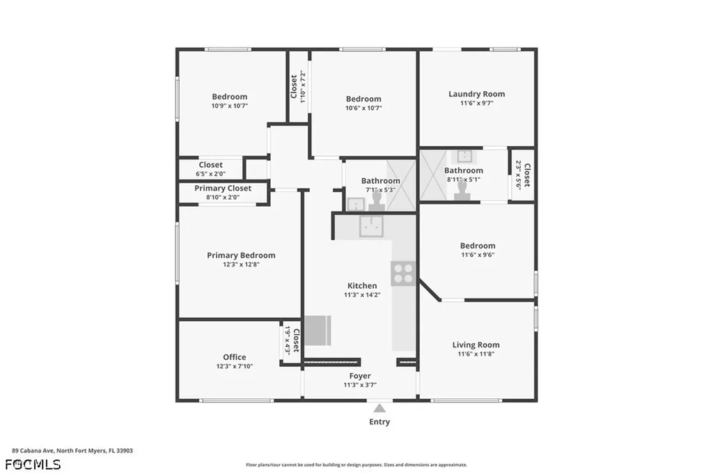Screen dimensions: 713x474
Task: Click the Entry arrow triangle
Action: [x=379, y=408]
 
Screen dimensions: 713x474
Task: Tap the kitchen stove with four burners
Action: [x=403, y=273]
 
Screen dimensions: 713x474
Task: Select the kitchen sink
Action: [x=372, y=226]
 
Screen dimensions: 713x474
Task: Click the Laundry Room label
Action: [x=476, y=94]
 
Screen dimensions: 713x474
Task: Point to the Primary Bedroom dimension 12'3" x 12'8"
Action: [x=241, y=264]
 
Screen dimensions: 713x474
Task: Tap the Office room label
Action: [x=235, y=357]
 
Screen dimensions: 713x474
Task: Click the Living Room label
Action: [x=476, y=345]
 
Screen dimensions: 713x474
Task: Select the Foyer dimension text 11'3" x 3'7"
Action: [x=360, y=384]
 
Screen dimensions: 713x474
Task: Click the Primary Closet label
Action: [x=223, y=188]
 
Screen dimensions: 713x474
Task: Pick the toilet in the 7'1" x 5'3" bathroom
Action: [x=377, y=200]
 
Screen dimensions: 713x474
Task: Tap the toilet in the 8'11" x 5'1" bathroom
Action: [x=462, y=190]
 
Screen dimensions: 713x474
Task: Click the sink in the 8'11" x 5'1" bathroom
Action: [x=464, y=157]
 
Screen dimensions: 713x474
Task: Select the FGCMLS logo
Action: [x=33, y=464]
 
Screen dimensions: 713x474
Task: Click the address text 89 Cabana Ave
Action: [x=33, y=451]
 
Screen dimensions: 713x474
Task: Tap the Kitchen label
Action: [x=362, y=285]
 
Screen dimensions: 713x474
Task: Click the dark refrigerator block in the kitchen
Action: [x=318, y=331]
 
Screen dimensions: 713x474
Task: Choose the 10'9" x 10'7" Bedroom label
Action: [x=230, y=96]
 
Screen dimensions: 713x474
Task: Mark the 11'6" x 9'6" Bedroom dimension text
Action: [x=478, y=255]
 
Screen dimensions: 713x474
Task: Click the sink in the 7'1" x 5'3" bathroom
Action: [x=356, y=204]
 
